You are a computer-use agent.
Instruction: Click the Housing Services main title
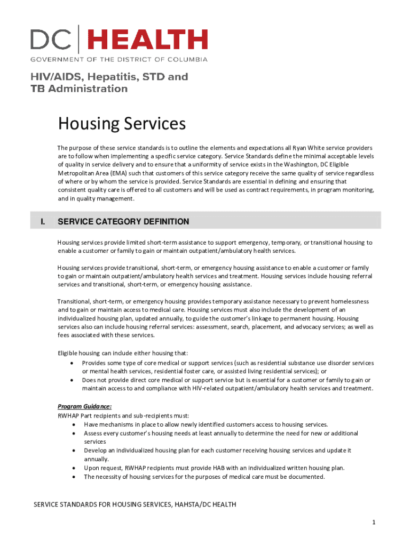coord(122,124)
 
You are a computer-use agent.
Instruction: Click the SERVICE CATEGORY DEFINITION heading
coord(123,221)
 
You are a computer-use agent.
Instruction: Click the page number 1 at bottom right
coord(375,522)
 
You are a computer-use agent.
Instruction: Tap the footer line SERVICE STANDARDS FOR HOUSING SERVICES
coord(135,504)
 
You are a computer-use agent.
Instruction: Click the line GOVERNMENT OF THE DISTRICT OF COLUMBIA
coord(118,59)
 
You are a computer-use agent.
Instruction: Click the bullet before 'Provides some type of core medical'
coord(72,363)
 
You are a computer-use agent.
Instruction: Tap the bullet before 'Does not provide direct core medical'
coord(72,380)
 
